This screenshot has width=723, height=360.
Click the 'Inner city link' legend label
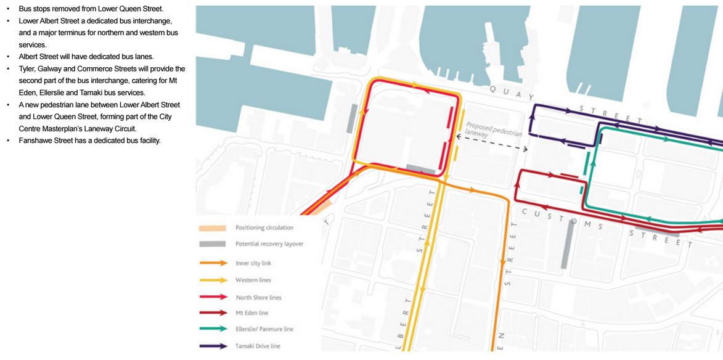tap(253, 263)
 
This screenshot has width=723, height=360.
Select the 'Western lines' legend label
tap(253, 280)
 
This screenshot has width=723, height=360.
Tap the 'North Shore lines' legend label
tap(258, 298)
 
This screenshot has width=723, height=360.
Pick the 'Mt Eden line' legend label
tap(252, 313)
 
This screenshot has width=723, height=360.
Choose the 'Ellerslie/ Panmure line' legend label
tap(263, 329)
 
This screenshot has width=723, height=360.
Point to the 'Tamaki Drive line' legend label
tap(258, 346)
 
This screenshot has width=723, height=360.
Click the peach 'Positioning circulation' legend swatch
tap(213, 228)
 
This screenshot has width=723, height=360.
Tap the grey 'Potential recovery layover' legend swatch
tap(213, 244)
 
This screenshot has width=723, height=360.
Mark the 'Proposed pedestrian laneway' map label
tap(493, 129)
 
